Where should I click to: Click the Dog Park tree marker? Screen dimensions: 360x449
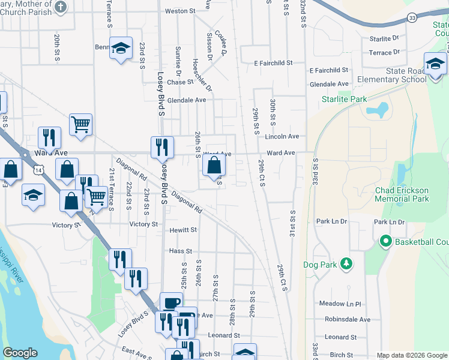[x=346, y=263]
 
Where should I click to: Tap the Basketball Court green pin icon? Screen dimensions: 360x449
[x=385, y=242]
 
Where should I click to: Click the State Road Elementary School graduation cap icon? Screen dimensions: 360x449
[x=435, y=64]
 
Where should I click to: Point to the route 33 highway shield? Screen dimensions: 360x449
[x=412, y=18]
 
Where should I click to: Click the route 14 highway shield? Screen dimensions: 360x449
[x=38, y=171]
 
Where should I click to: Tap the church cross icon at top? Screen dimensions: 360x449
[x=60, y=7]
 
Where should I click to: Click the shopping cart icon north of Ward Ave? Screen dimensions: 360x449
[x=80, y=124]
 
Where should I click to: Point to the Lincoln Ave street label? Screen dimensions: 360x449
[x=282, y=136]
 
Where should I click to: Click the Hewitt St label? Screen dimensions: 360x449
[x=182, y=230]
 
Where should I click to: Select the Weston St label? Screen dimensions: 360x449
[x=180, y=11]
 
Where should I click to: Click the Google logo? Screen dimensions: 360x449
[x=20, y=353]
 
